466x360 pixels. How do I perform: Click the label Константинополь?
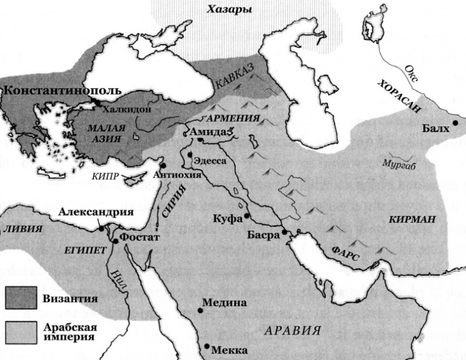pos(62,91)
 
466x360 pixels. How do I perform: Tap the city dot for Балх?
pos(455,123)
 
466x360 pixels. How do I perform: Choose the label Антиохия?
pos(177,175)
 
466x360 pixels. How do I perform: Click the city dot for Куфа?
pos(248,217)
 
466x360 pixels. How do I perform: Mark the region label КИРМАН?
pos(412,220)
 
